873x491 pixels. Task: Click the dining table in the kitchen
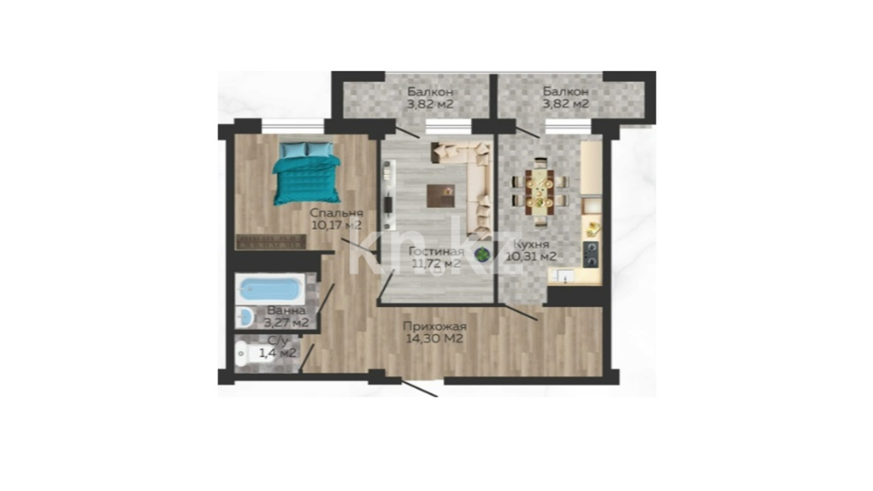coord(540,192)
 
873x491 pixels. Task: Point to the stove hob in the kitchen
coord(591,255)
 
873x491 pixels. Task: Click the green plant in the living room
coord(482,254)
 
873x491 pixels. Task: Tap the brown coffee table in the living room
coord(441,196)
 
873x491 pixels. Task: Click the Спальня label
coord(336,213)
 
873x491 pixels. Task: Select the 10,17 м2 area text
coord(337,225)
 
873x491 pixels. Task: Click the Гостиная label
coord(436,252)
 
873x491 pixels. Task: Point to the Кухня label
coord(531,244)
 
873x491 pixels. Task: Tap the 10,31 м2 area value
coord(531,257)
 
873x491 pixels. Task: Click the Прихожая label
coord(434,327)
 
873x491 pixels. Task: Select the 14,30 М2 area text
coord(434,339)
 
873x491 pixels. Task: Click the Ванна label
coord(286,311)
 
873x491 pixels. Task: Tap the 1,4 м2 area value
coord(278,353)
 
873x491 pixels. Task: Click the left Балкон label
coord(430,92)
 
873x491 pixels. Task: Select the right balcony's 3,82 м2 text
coord(566,104)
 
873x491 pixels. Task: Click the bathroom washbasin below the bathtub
coord(246,318)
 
